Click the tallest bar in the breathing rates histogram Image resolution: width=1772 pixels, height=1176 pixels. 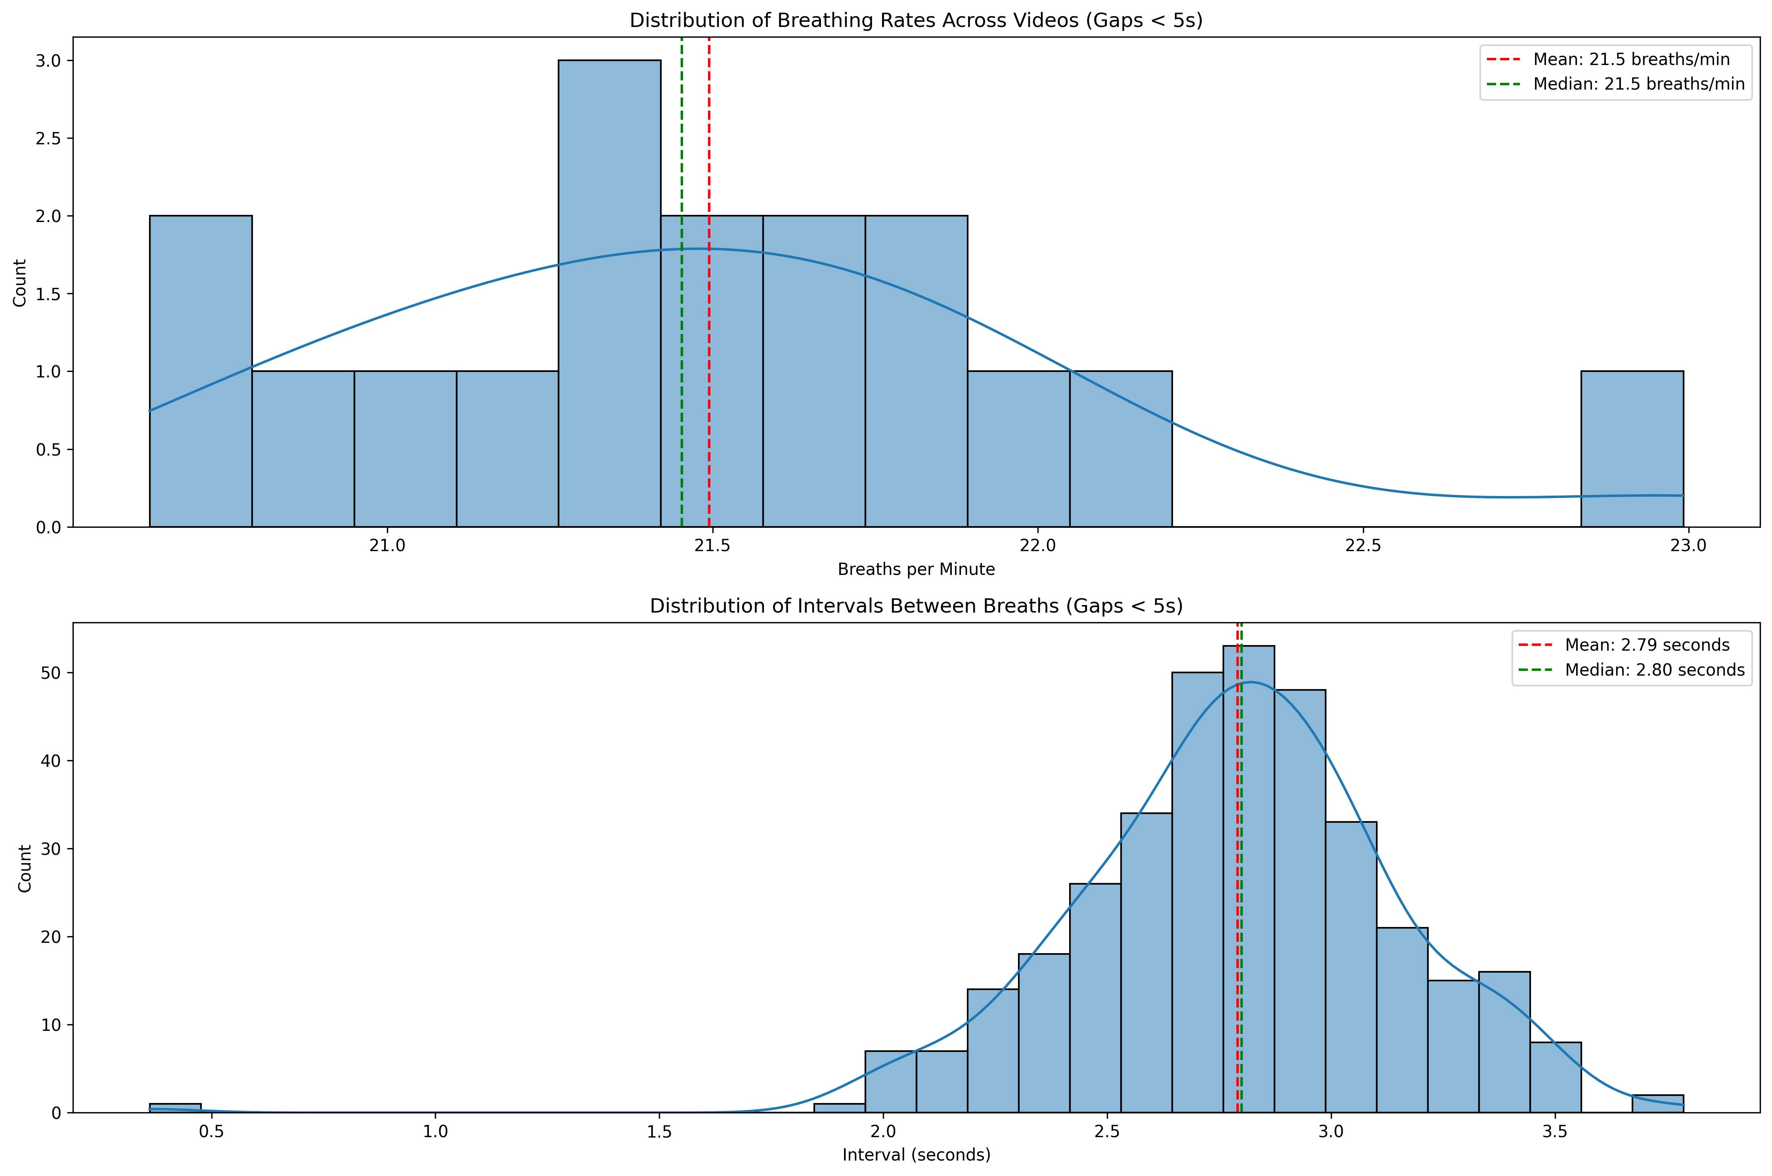[609, 293]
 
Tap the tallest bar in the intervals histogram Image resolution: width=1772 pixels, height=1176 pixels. [1248, 877]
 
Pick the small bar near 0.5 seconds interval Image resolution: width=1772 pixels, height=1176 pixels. [175, 1108]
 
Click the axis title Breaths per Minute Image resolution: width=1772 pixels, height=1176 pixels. [916, 569]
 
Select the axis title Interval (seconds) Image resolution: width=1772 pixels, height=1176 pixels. [916, 1155]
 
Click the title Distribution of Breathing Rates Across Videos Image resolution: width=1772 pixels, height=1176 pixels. [916, 20]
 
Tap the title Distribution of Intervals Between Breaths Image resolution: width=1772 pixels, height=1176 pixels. [916, 606]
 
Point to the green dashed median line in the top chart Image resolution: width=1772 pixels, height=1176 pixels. [681, 150]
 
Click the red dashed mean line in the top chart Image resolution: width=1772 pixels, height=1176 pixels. [709, 150]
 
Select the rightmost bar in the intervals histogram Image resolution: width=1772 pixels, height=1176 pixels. [1657, 1103]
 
